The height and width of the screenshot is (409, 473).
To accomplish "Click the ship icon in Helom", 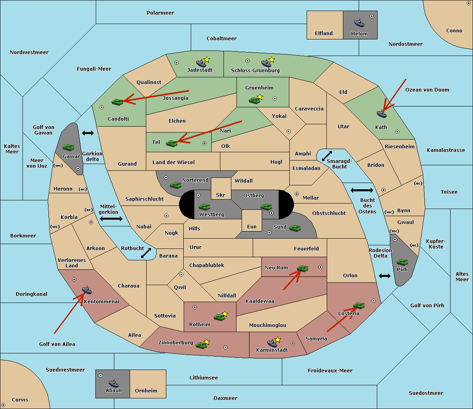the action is tap(359, 23).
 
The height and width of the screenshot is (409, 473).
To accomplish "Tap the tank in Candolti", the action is tap(117, 102).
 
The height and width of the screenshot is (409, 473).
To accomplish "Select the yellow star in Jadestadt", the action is tap(207, 60).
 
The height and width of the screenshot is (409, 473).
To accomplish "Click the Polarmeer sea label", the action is tap(160, 13).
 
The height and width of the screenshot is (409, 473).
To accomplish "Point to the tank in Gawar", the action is tap(69, 147).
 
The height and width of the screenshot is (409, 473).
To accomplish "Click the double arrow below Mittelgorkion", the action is tap(111, 219).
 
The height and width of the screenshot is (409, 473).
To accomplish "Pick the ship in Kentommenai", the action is tap(87, 290).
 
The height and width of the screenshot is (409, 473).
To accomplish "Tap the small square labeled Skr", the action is tap(221, 189).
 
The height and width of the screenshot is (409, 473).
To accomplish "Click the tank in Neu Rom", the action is tap(302, 268).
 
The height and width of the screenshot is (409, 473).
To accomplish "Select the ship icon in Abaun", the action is tap(114, 383).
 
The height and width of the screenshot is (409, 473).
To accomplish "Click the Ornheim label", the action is tap(146, 390).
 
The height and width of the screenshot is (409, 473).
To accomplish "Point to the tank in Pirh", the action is tap(402, 262).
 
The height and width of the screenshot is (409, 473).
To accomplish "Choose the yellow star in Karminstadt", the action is tap(277, 339).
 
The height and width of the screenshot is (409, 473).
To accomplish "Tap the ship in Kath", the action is tap(382, 114).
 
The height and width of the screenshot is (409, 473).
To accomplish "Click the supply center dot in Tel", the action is tap(204, 143).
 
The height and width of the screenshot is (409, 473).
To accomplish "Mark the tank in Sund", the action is tap(295, 228).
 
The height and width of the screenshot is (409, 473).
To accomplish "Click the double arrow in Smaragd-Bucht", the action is tap(327, 156).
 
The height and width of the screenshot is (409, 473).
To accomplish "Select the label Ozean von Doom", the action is tap(427, 90).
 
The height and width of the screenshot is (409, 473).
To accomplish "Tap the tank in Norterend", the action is tap(175, 185).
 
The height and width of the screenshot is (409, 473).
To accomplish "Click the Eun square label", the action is tap(252, 226).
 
